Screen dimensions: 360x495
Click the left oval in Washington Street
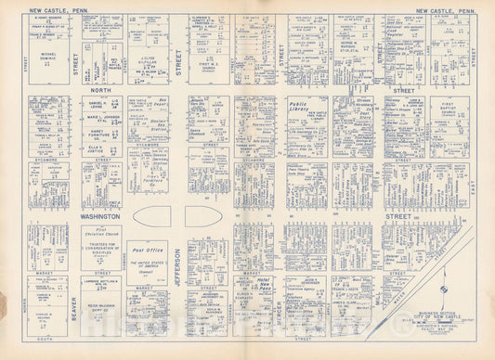click(x=158, y=215)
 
